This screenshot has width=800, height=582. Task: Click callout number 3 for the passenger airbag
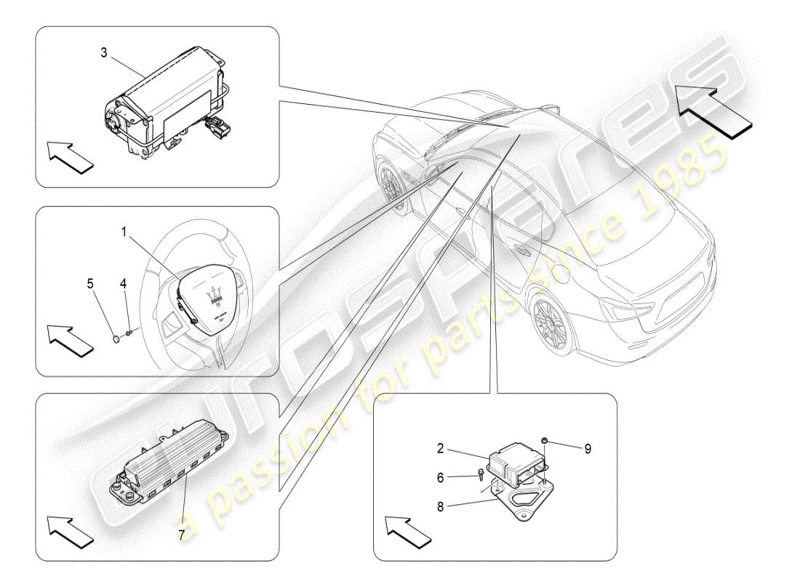click(105, 52)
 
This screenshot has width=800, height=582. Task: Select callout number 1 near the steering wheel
click(124, 232)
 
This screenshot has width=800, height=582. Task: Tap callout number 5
click(92, 284)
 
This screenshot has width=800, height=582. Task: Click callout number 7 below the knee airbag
click(182, 533)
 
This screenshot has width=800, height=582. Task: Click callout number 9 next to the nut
click(588, 449)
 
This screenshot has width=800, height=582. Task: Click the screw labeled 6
click(481, 477)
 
